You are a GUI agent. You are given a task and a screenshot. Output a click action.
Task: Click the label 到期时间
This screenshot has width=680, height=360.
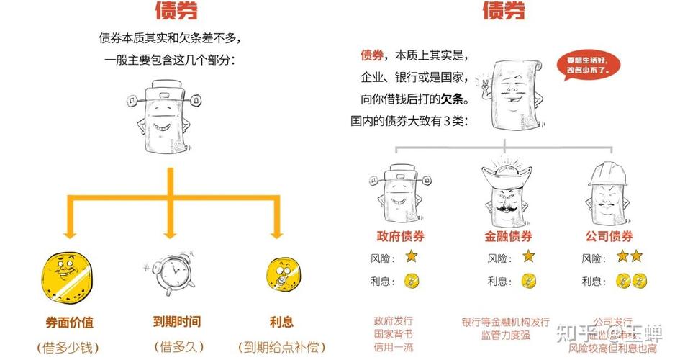click(x=171, y=322)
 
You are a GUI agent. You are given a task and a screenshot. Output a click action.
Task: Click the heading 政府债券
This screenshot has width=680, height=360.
click(x=400, y=236)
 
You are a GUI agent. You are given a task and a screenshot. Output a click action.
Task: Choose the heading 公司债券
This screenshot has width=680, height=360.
click(x=613, y=236)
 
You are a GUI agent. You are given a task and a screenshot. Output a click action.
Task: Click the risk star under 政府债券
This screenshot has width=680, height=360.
click(x=411, y=256)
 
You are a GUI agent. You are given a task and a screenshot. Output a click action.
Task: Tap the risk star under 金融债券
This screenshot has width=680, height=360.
click(x=527, y=256)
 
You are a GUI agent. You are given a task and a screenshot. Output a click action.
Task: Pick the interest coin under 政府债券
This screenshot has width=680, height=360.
click(x=411, y=281)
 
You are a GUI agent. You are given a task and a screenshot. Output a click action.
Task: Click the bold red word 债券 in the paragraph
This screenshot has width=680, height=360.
click(x=371, y=55)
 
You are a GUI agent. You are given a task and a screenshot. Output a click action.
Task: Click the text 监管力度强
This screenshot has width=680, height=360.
click(x=505, y=334)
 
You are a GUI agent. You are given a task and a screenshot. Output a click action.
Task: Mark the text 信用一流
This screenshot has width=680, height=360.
click(x=393, y=348)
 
